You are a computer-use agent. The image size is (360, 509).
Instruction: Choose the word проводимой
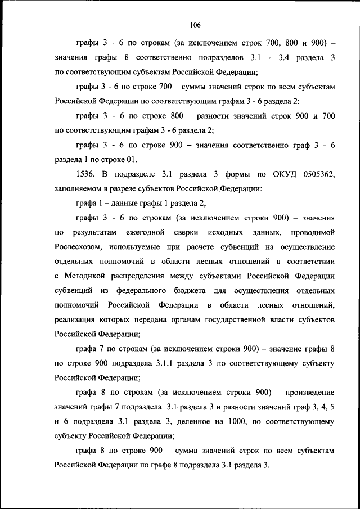(x=312, y=232)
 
